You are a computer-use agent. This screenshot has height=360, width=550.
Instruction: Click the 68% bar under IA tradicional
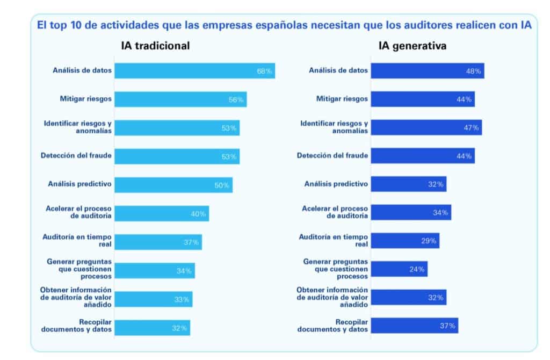[194, 71]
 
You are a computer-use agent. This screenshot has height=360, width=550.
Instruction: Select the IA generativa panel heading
[412, 46]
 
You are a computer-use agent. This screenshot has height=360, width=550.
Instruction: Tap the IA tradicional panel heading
[155, 46]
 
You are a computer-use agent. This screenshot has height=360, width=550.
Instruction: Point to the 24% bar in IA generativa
[399, 269]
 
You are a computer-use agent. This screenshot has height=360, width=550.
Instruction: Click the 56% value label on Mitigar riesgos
[237, 99]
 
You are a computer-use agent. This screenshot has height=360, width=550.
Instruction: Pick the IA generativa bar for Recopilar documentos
[414, 326]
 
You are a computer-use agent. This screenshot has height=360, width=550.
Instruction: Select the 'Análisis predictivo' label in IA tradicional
[79, 184]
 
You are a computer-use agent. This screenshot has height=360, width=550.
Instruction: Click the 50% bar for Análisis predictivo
[173, 185]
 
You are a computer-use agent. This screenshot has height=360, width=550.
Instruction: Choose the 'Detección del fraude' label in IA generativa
[332, 156]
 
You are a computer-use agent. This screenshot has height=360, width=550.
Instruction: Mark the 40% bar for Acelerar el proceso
[161, 214]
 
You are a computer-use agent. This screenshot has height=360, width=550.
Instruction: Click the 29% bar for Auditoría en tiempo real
[405, 241]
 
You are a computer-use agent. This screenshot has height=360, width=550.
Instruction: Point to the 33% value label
[182, 299]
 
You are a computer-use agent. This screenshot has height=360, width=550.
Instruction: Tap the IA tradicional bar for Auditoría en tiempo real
[158, 242]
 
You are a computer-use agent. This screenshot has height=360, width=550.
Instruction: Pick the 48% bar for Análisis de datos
[428, 71]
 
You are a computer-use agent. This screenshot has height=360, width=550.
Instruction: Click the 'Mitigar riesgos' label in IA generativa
[341, 99]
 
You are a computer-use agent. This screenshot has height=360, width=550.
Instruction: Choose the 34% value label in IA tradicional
[184, 271]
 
